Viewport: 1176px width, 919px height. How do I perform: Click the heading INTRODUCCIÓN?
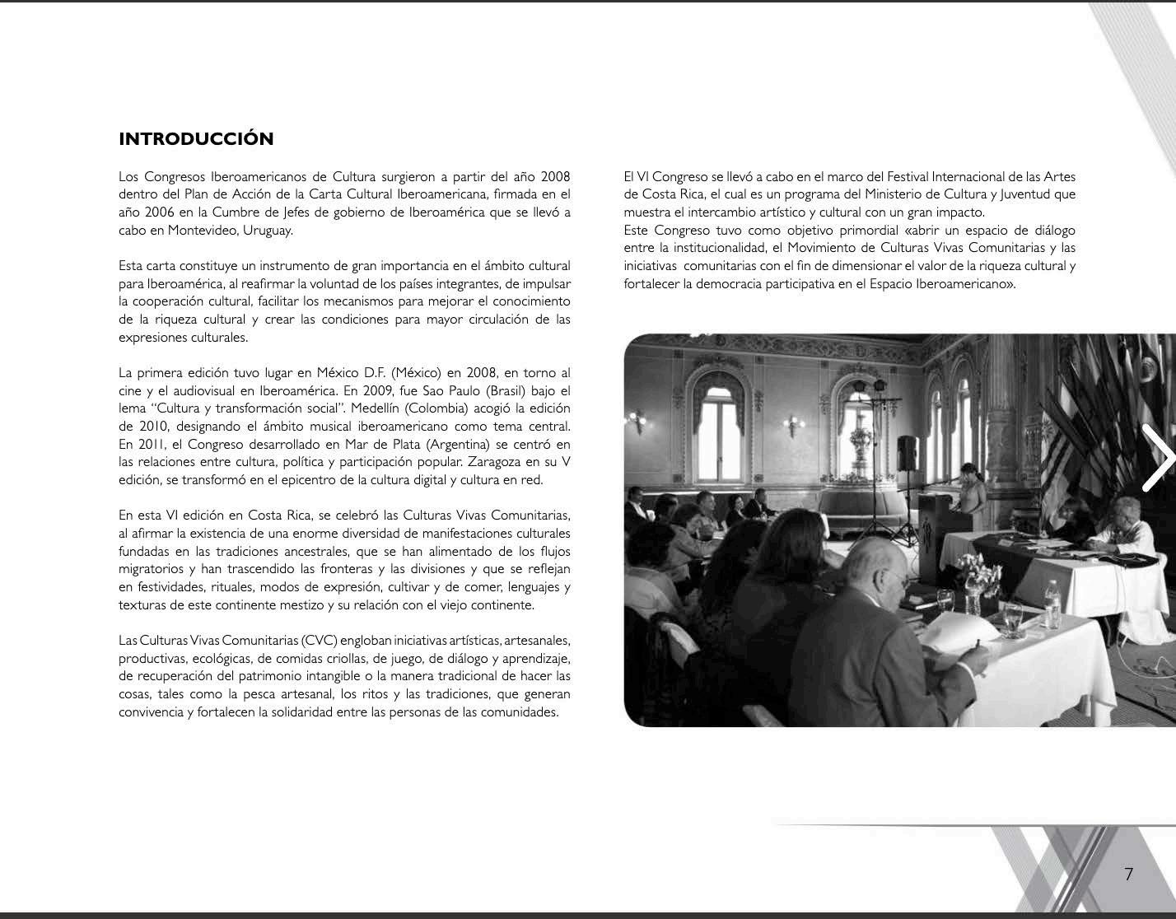196,138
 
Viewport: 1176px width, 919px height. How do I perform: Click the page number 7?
1128,874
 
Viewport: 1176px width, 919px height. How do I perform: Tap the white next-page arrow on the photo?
1157,457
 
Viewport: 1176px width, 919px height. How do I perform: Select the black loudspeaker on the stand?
907,453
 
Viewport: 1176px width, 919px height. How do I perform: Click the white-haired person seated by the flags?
1128,527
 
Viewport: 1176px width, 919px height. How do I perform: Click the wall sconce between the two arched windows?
793,425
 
